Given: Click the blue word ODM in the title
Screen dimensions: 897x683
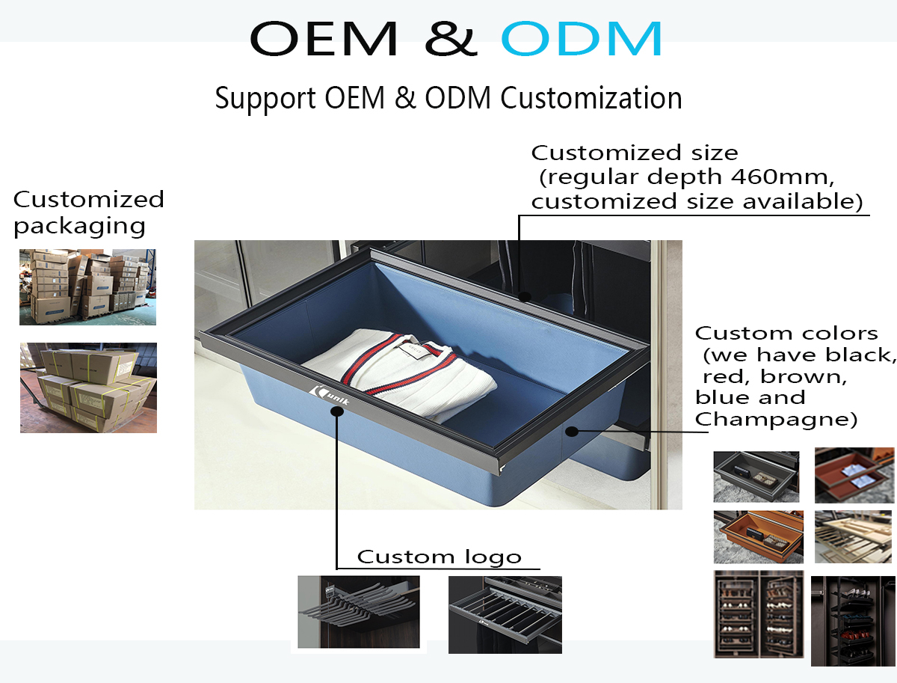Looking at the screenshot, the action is point(581,38).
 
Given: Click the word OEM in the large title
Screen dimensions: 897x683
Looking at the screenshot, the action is point(324,38).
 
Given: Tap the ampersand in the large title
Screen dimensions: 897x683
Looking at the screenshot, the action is point(451,38).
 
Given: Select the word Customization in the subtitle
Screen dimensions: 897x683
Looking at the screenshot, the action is point(591,99).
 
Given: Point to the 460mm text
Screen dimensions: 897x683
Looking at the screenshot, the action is point(782,177).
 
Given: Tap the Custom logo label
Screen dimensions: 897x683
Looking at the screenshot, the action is point(440,557).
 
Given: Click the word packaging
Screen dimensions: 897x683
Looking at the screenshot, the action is point(79,227).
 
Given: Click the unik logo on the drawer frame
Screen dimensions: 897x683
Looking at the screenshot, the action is point(330,396).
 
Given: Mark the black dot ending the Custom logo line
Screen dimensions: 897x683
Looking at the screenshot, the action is point(336,411).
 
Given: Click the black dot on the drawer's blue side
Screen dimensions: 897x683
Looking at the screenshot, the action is point(572,431).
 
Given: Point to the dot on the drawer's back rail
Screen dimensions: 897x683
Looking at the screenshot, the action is point(524,296).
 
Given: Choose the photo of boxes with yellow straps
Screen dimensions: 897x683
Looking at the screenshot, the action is point(89,388).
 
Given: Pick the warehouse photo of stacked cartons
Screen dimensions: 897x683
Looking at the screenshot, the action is point(88,287).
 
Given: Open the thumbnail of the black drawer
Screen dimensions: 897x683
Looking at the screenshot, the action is point(756,477).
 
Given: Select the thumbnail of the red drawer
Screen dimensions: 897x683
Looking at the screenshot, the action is point(854,475).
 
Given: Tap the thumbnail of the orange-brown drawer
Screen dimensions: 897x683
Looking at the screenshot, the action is point(759,537).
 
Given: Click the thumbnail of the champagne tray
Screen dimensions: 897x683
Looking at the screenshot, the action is point(854,536).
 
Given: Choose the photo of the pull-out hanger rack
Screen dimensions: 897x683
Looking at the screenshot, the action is point(359,612).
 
